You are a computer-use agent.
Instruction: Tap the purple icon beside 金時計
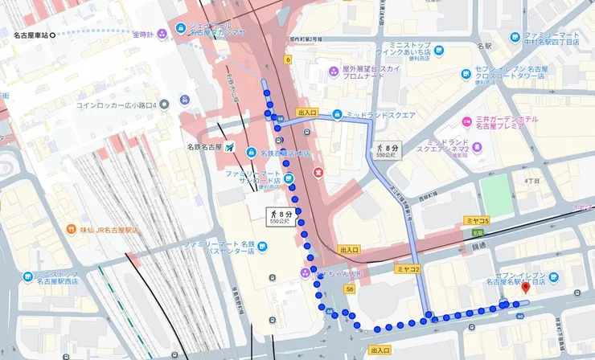point(162,34)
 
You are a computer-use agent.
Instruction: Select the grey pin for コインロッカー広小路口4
point(164,104)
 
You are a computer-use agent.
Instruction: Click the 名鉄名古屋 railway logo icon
point(231,148)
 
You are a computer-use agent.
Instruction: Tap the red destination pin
point(526,288)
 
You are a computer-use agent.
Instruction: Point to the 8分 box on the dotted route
point(281,215)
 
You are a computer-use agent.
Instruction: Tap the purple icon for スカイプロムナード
point(334,72)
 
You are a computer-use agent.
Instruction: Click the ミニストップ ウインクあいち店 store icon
point(439,51)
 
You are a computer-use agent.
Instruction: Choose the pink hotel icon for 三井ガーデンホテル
point(467,122)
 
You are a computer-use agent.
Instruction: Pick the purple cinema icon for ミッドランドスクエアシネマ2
point(477,148)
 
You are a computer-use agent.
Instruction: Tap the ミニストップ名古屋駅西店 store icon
point(28,277)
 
